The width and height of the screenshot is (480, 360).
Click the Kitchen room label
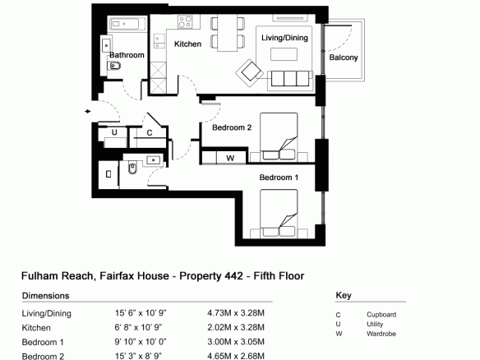(x=187, y=44)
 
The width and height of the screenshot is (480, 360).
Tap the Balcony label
(x=344, y=58)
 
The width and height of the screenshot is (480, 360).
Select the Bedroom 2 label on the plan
(x=232, y=127)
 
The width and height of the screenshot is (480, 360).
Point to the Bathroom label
(x=127, y=55)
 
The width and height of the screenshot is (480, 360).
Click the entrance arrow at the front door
(x=88, y=111)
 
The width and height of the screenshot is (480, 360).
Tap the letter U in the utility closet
(x=114, y=132)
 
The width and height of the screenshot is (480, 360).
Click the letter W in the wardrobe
(x=230, y=158)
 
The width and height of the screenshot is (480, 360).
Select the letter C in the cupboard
(x=150, y=133)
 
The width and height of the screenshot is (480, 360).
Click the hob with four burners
(x=185, y=22)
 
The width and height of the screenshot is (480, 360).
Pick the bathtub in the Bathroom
(x=127, y=24)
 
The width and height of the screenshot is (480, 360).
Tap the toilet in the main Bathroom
(x=114, y=66)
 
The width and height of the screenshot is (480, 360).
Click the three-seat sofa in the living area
(x=290, y=78)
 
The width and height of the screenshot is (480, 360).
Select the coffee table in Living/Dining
(x=284, y=54)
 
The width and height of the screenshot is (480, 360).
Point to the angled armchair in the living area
(x=250, y=73)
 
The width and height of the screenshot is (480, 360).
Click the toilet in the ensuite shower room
(x=132, y=168)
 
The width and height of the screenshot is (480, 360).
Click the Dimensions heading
(x=45, y=296)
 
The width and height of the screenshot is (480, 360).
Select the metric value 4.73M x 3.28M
(x=236, y=313)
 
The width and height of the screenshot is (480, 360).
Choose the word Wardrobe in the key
(x=381, y=334)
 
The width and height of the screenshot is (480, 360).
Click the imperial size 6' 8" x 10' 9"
(x=138, y=327)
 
